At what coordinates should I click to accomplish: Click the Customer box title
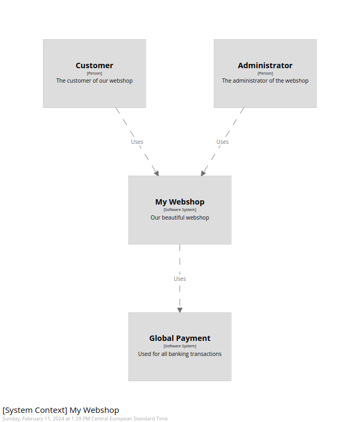94,66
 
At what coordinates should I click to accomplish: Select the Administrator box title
265,66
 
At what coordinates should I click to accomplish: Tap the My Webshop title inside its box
179,202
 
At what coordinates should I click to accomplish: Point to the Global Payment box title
179,338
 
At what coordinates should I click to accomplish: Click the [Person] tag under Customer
94,74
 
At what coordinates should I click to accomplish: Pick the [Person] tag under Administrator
265,74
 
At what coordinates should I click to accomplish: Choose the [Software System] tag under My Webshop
179,210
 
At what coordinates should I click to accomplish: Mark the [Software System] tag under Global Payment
179,346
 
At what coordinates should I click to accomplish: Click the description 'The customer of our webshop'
94,81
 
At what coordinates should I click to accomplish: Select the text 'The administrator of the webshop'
265,81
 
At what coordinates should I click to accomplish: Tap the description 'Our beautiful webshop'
179,217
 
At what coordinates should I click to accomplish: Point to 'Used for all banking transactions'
179,354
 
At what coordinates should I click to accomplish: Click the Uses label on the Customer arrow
137,142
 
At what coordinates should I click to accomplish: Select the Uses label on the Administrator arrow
222,142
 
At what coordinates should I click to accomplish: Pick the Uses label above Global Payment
179,279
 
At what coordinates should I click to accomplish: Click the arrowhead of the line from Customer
156,172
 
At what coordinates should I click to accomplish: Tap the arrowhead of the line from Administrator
203,172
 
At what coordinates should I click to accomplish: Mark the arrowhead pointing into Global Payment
179,310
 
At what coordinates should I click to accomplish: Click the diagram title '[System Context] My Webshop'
61,410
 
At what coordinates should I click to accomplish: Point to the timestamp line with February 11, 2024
85,419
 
